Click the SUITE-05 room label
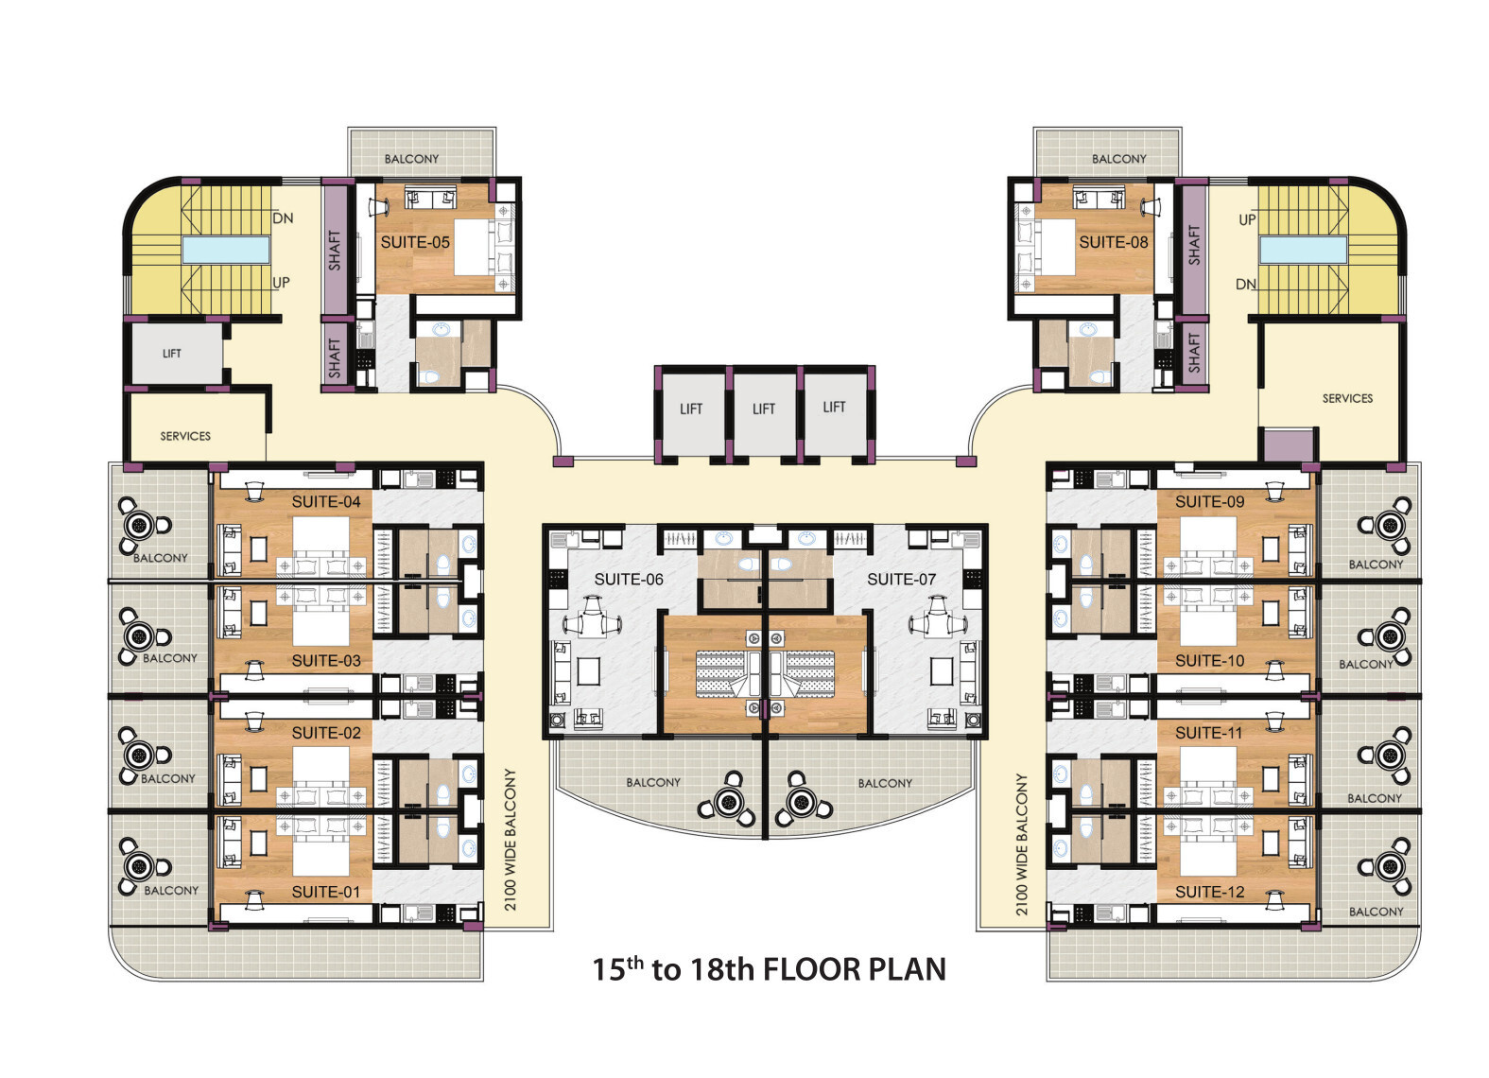click(415, 243)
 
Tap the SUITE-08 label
click(1114, 243)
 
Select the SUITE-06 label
click(629, 580)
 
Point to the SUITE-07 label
click(901, 580)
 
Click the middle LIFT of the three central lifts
click(764, 409)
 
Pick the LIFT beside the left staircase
click(171, 354)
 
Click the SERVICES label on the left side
click(185, 436)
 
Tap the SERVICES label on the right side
click(1347, 398)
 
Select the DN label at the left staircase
click(284, 218)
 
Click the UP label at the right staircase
click(1248, 219)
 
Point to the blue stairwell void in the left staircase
click(226, 250)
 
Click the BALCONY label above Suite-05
click(411, 159)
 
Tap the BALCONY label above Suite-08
click(1119, 159)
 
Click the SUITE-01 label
click(326, 893)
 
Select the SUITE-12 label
click(1210, 893)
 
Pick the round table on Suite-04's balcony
click(140, 526)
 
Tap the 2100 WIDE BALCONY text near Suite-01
click(510, 840)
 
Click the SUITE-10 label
click(1210, 661)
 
